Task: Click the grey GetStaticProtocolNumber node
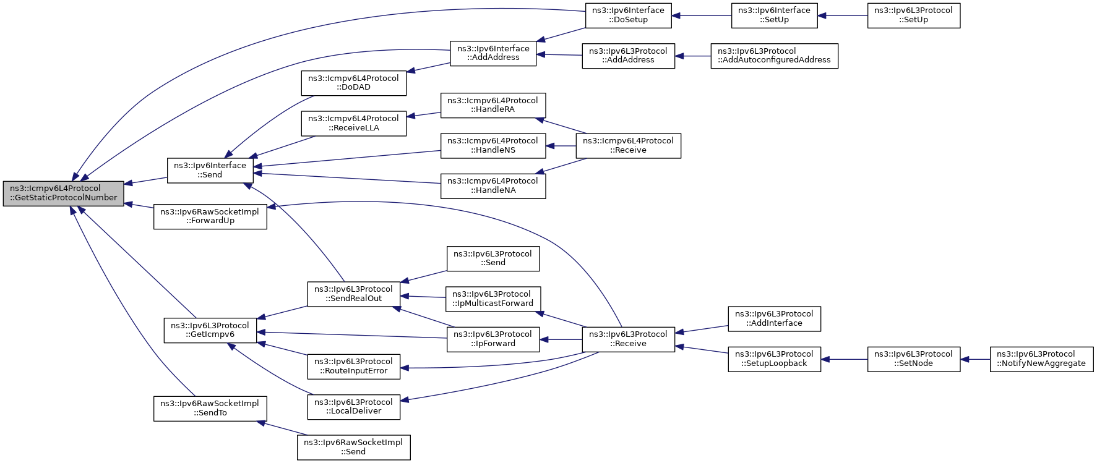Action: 64,193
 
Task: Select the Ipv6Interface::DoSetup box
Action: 628,15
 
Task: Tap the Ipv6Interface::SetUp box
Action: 774,15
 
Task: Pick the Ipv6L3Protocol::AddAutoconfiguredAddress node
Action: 774,56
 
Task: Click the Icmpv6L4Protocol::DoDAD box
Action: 353,83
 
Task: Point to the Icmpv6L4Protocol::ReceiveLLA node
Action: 353,123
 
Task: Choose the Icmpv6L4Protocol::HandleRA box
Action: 493,105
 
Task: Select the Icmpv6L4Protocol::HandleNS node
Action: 493,145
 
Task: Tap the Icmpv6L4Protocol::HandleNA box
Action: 493,185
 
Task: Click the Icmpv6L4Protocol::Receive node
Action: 628,145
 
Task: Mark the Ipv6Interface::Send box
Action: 210,170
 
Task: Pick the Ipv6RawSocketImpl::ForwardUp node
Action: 210,216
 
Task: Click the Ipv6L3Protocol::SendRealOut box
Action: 353,294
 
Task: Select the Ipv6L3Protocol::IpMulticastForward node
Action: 493,299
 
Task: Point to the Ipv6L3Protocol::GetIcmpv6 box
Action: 210,330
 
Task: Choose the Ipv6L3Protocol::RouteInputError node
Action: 353,366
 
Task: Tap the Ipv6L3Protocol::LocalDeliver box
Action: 353,407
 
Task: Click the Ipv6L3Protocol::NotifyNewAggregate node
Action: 1041,359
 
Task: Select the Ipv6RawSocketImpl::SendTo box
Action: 210,409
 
